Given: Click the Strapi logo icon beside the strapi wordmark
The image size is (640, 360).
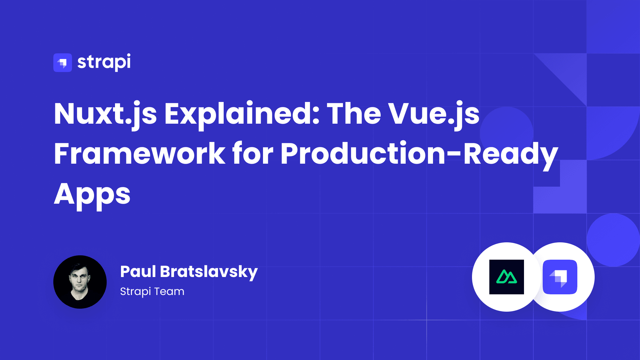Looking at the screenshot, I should (x=63, y=63).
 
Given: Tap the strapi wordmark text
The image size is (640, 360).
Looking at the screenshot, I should (x=104, y=62).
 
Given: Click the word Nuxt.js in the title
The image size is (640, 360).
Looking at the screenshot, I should (x=105, y=114).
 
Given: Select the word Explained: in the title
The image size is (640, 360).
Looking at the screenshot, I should (x=242, y=114).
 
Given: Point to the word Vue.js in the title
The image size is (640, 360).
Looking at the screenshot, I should (x=434, y=114).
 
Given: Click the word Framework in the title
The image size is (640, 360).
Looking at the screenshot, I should (x=139, y=154).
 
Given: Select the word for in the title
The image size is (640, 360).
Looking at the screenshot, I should (x=253, y=154).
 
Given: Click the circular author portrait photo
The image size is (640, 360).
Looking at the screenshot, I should (x=80, y=282).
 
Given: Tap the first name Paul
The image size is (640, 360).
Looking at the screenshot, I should (x=138, y=271).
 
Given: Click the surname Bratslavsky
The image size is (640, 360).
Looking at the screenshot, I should (x=209, y=272).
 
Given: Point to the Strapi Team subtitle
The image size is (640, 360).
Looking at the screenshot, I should (x=152, y=291).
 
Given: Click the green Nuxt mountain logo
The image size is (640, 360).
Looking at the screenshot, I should (x=507, y=277).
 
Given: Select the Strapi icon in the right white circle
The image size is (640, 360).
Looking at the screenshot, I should (x=560, y=277).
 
